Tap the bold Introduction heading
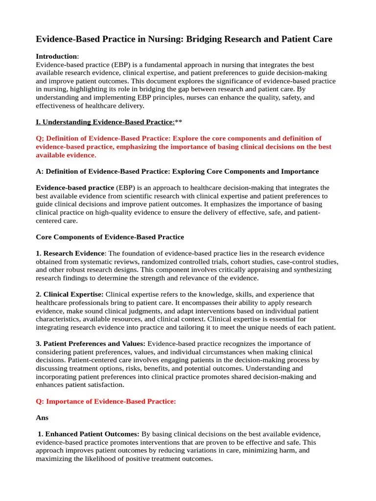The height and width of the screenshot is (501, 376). point(57,57)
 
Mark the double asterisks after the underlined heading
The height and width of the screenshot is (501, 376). point(178,122)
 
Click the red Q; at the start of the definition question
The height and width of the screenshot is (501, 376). point(41,138)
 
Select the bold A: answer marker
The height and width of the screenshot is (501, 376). point(40,171)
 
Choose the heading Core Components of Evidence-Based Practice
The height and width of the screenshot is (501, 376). point(110,237)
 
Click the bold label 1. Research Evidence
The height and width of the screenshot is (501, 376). point(70,253)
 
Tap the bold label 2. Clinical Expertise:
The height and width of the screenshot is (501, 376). point(70,295)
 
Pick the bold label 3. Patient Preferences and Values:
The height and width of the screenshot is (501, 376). point(91,344)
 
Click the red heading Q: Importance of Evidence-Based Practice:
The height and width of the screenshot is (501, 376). point(106,402)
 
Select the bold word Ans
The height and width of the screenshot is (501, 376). point(43,418)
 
